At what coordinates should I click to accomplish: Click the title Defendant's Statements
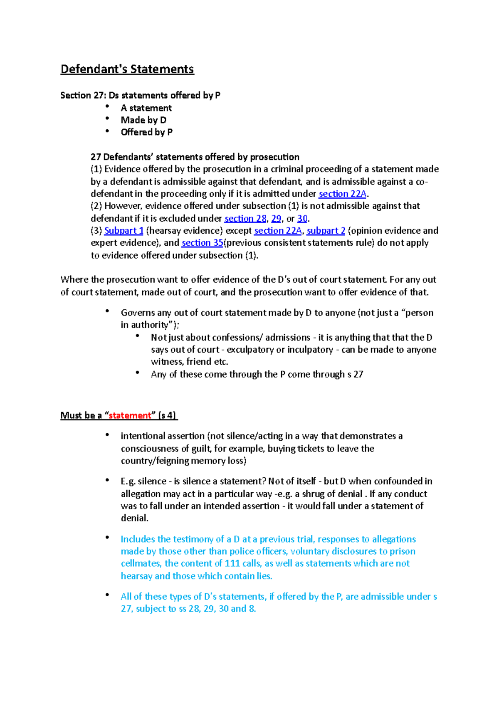[127, 69]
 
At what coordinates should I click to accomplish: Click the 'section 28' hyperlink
[245, 218]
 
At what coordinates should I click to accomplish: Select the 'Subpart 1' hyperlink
[124, 231]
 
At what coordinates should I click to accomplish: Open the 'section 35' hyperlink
[202, 243]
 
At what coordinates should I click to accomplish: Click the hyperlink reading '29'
[276, 218]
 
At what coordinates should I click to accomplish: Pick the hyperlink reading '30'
[302, 218]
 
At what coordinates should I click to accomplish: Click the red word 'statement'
[130, 415]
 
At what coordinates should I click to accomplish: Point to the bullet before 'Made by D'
[107, 119]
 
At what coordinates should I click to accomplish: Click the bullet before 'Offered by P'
[107, 131]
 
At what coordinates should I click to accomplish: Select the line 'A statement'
[146, 108]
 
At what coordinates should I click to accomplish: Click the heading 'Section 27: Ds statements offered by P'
[140, 95]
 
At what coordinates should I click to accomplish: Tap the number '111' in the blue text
[232, 563]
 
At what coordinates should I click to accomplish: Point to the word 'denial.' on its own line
[135, 518]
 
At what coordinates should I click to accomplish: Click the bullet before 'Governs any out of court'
[107, 311]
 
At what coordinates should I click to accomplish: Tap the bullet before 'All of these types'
[107, 595]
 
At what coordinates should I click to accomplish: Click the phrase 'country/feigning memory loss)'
[183, 461]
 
